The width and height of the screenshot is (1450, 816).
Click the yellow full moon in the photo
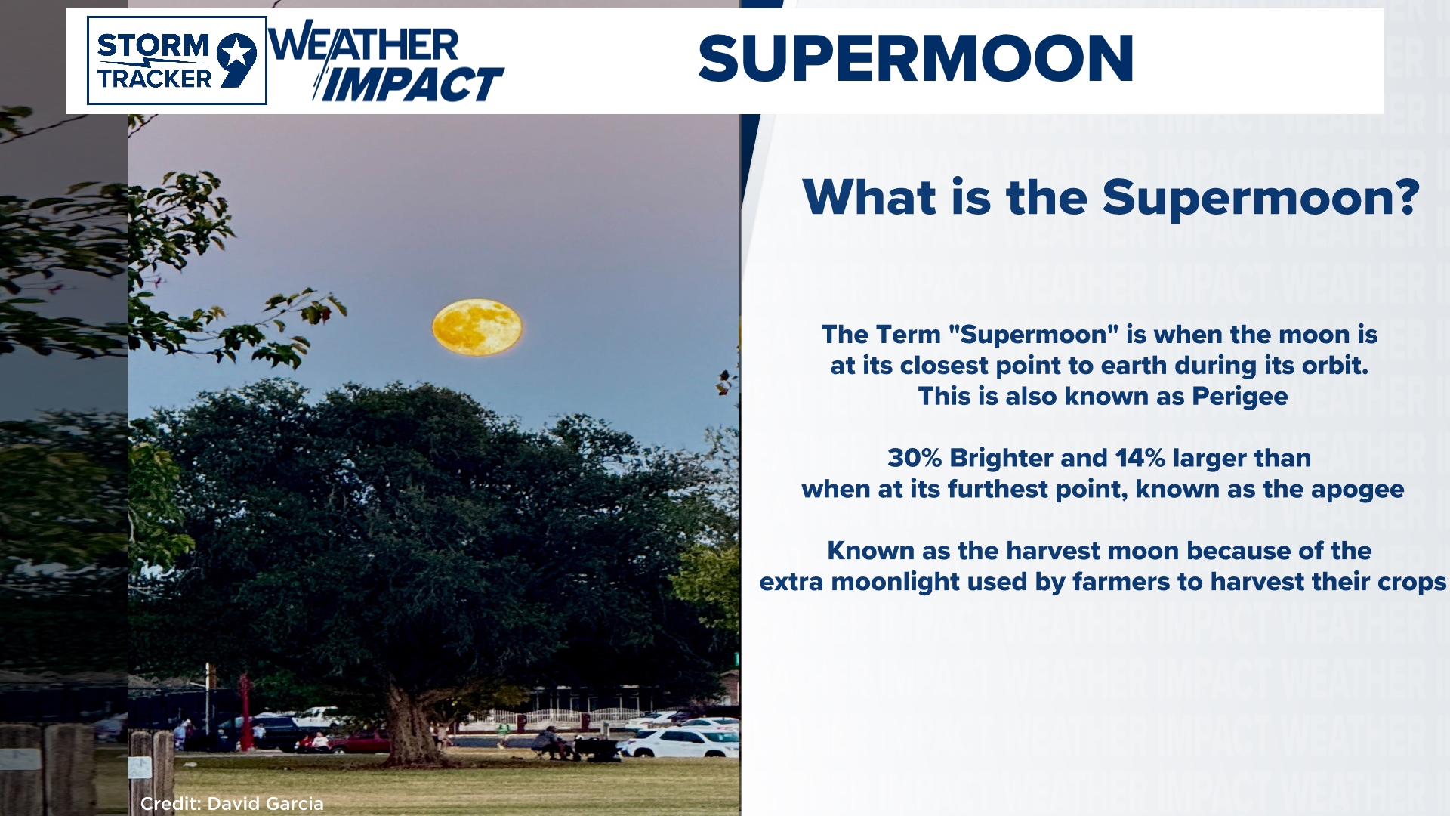tap(477, 327)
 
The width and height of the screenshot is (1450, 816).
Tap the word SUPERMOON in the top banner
tap(915, 59)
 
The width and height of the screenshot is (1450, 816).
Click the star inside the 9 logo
tap(237, 53)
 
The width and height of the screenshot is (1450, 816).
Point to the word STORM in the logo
tap(153, 46)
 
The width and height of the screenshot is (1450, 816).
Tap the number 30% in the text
tap(914, 459)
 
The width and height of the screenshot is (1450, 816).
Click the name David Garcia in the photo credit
tap(265, 804)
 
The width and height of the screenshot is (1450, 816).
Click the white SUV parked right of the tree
tap(680, 743)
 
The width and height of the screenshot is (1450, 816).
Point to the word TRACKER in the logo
tap(154, 79)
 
